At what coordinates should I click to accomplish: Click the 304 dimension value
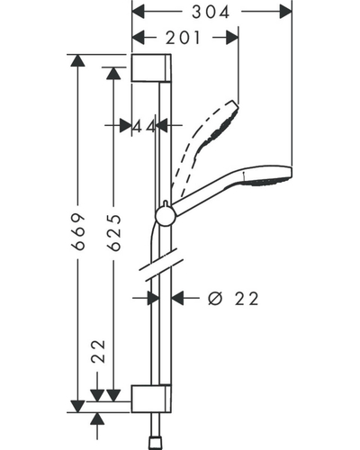(211, 13)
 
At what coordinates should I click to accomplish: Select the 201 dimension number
(183, 38)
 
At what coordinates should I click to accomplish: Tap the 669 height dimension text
(78, 232)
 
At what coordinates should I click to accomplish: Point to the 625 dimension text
(114, 233)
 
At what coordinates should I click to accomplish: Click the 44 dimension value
(144, 126)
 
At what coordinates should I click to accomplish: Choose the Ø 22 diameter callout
(233, 299)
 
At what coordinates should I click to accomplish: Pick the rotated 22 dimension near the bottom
(99, 352)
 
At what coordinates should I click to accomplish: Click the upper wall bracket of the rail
(151, 67)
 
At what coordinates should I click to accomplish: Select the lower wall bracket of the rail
(151, 399)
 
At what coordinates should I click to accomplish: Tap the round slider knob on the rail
(165, 216)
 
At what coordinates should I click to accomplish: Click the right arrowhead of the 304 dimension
(285, 13)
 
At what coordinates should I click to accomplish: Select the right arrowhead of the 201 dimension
(232, 38)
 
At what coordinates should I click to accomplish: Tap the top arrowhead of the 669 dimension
(78, 60)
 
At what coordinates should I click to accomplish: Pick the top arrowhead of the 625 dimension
(113, 73)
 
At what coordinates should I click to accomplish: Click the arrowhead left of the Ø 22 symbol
(177, 299)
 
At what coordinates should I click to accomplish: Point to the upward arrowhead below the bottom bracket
(97, 418)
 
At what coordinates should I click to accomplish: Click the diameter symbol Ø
(215, 299)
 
